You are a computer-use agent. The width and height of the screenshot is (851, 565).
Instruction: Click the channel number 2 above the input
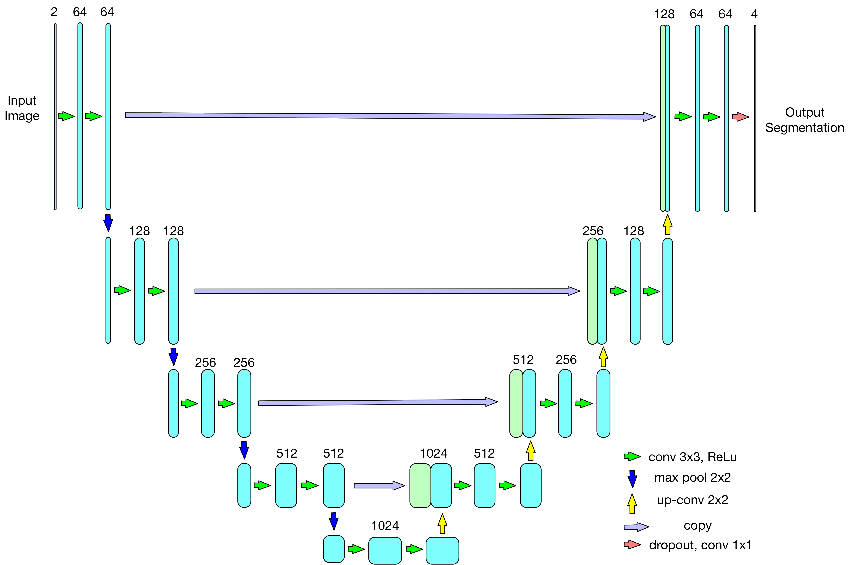pos(54,12)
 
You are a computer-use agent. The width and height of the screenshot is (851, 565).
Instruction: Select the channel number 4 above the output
pos(754,14)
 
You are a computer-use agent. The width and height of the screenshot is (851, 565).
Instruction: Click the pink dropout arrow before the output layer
pos(740,117)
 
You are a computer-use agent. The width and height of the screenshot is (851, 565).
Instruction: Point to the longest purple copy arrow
pos(389,116)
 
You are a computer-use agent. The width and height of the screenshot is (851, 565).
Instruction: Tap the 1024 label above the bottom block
pos(385,526)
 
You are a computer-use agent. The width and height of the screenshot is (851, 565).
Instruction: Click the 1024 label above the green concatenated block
pos(433,453)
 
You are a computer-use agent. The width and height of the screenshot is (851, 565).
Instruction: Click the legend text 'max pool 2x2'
pos(692,478)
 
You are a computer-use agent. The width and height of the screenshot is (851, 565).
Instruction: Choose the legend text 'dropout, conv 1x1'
pos(700,545)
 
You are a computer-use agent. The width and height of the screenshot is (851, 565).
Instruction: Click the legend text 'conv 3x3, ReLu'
pos(692,457)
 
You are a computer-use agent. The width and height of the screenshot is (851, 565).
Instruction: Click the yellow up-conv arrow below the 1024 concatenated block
pos(442,524)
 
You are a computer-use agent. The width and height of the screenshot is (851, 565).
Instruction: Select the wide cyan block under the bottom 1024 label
pos(385,550)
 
